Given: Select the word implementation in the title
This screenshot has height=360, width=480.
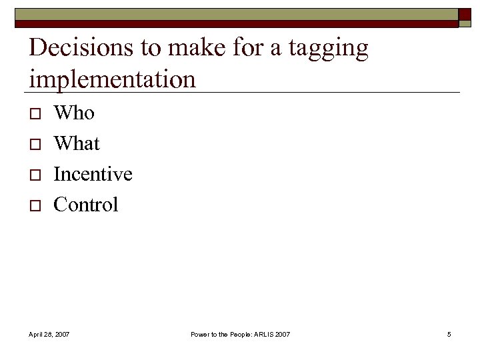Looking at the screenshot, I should pos(113,79).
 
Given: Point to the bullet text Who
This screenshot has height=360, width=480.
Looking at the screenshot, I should pos(74,113).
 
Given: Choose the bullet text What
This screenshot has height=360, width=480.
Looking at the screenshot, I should pos(77,143).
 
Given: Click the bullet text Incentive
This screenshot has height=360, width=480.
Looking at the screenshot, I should pos(93,174).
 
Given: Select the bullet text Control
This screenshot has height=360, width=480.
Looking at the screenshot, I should pos(85,205).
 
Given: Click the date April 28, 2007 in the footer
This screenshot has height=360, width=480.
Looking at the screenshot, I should pos(49,333).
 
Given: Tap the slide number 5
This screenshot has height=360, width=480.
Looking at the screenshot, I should pos(449,333).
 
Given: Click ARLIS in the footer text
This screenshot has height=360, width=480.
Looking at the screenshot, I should pos(263,333).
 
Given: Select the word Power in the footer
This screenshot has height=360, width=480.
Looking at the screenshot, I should pos(201,333).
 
